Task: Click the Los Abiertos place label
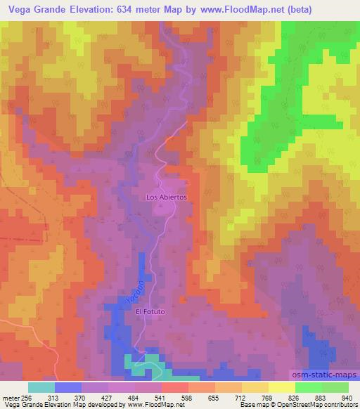pyautogui.click(x=166, y=197)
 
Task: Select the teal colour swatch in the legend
pyautogui.click(x=42, y=387)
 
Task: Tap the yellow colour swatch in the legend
pyautogui.click(x=282, y=387)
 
